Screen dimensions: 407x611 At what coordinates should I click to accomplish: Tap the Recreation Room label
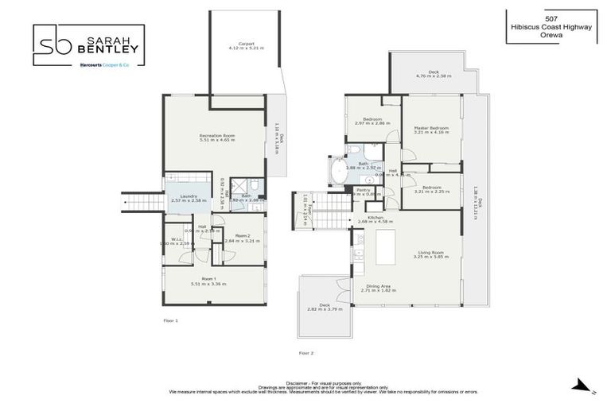(214, 136)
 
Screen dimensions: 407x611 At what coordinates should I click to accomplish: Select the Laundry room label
(189, 196)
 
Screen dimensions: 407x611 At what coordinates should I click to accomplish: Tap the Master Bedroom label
(431, 128)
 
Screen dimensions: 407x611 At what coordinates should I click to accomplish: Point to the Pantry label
(364, 190)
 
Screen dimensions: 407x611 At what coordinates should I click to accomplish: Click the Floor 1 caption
(171, 320)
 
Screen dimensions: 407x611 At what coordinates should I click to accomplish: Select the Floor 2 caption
(306, 351)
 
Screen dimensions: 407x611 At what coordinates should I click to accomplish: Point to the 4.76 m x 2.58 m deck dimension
(434, 76)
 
